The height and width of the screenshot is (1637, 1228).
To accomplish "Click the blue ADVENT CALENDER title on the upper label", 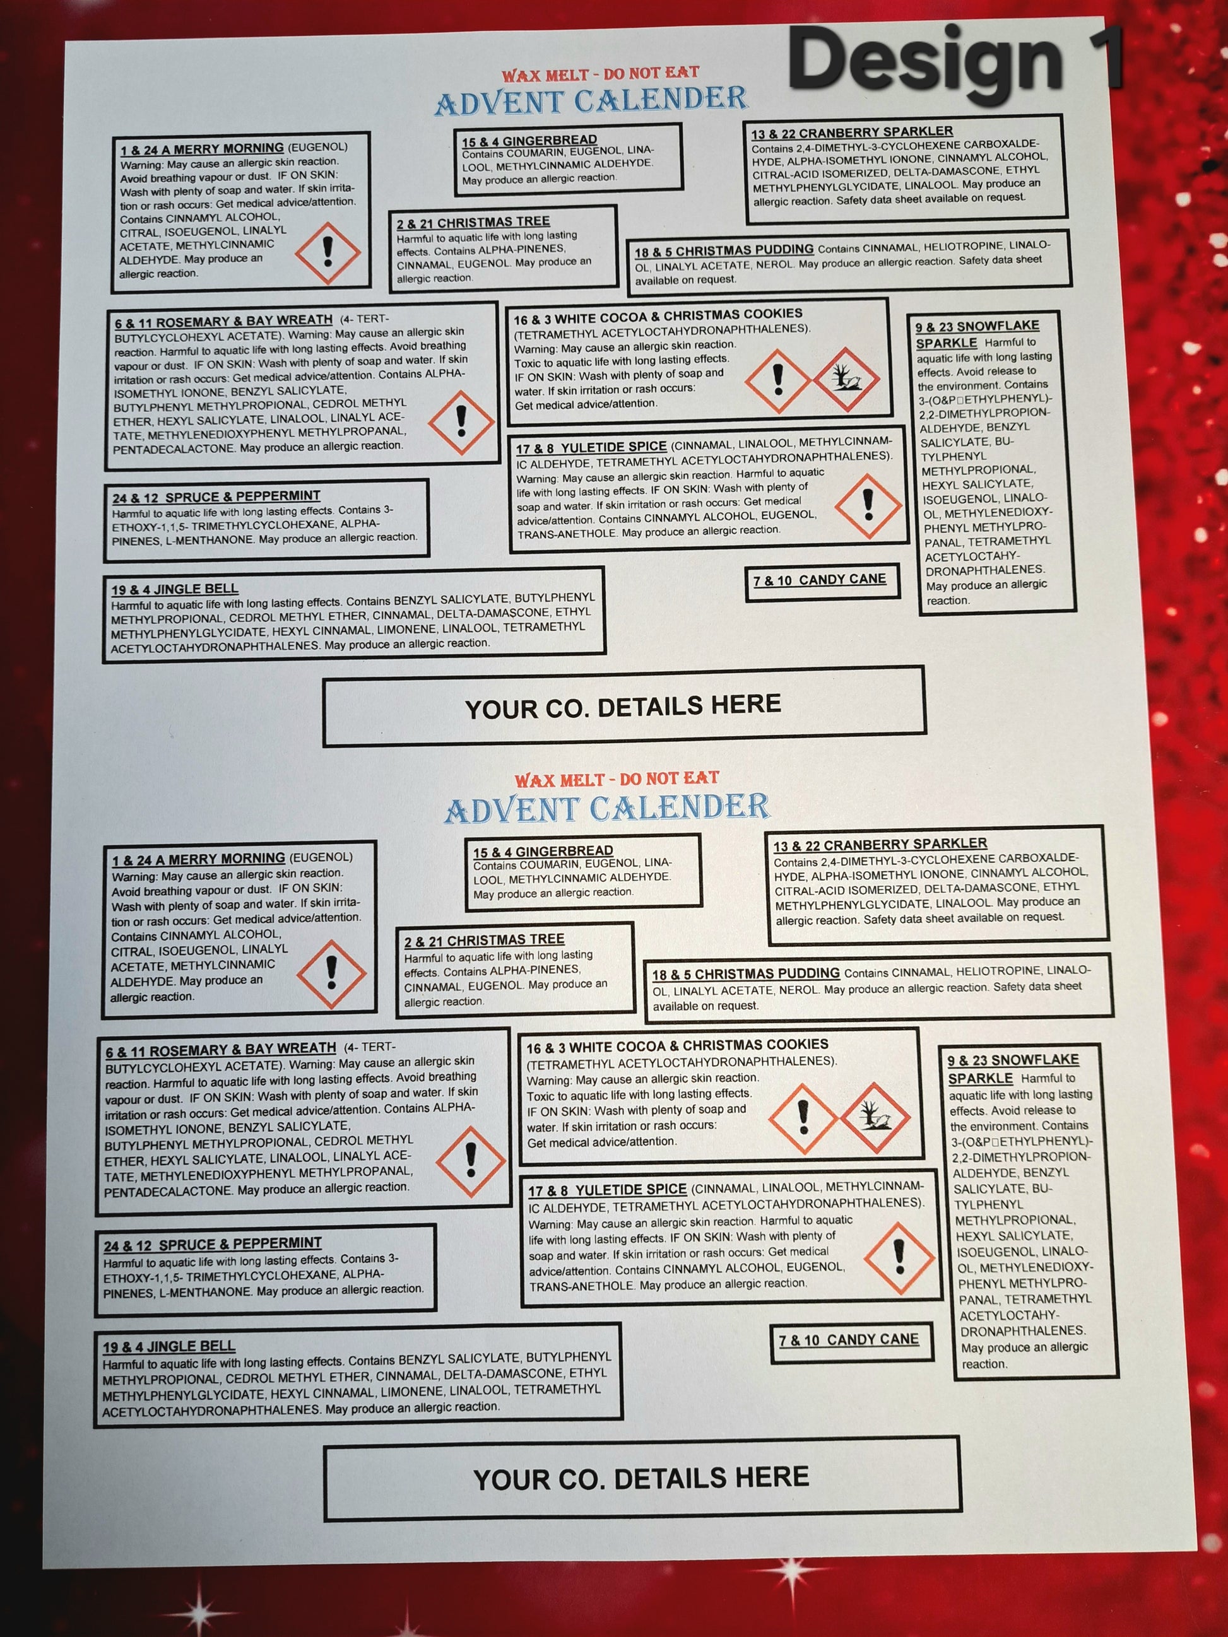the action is pyautogui.click(x=591, y=102).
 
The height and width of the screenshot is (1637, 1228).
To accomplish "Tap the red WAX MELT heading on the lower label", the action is pyautogui.click(x=617, y=779).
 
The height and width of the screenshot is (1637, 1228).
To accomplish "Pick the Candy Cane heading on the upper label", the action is pyautogui.click(x=820, y=580).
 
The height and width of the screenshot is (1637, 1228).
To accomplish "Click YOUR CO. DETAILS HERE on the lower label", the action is pyautogui.click(x=641, y=1479).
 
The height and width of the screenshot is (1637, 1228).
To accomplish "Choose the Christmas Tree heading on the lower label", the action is pyautogui.click(x=484, y=941).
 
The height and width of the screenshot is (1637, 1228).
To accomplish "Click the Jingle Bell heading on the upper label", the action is pyautogui.click(x=175, y=590).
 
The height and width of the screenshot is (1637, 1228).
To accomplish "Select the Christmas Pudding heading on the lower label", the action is pyautogui.click(x=745, y=974).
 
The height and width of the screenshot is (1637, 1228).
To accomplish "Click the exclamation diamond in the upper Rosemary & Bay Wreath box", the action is pyautogui.click(x=461, y=422).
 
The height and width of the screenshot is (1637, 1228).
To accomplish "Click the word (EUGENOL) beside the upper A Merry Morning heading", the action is pyautogui.click(x=317, y=146).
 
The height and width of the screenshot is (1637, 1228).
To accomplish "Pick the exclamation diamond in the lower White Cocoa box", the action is pyautogui.click(x=803, y=1118).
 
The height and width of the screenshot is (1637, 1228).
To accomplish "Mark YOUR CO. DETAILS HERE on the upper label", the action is pyautogui.click(x=623, y=706).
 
